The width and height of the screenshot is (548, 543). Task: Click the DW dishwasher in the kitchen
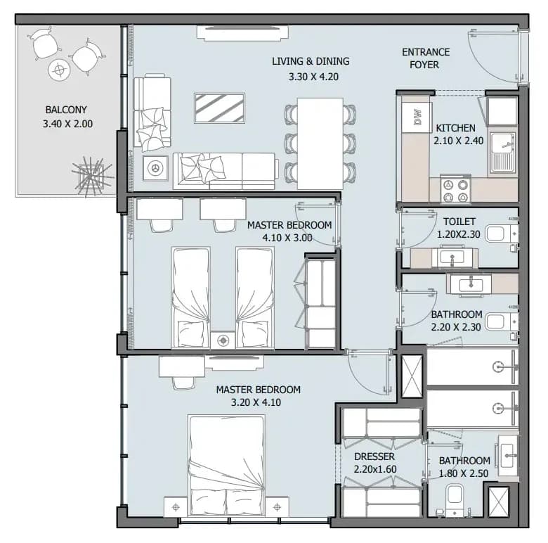(417, 117)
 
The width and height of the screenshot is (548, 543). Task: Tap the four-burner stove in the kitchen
(455, 190)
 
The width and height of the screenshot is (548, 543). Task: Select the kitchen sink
(502, 153)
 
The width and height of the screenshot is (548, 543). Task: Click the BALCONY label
(66, 110)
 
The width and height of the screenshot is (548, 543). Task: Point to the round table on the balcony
(60, 70)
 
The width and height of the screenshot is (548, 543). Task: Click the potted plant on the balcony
(92, 176)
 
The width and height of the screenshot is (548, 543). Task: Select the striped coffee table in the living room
(219, 108)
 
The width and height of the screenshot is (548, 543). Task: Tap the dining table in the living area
(320, 143)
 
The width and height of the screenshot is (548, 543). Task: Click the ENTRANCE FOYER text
(425, 58)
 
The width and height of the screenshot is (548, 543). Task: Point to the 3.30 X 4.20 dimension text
(313, 77)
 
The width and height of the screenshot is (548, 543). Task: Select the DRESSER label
(374, 456)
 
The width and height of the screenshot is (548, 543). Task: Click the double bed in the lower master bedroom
(226, 466)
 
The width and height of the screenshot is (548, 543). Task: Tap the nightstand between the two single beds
(223, 340)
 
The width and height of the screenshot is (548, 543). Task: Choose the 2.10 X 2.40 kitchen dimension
(459, 141)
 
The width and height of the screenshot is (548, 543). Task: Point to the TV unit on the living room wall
(242, 33)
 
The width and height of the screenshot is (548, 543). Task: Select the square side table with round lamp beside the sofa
(155, 168)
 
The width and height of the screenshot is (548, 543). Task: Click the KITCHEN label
(456, 128)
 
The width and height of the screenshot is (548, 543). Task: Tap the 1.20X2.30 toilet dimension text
(459, 234)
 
